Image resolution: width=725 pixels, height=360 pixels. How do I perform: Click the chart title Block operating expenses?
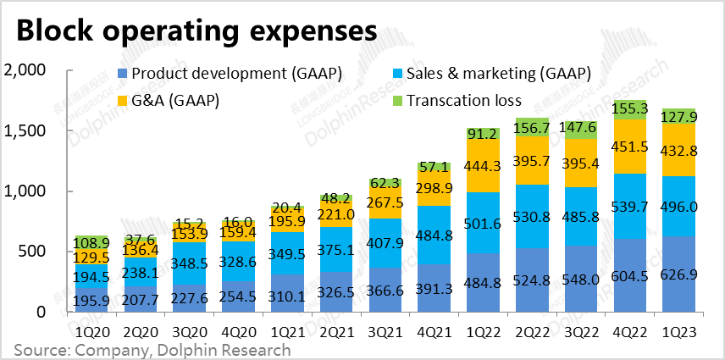(x=196, y=31)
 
